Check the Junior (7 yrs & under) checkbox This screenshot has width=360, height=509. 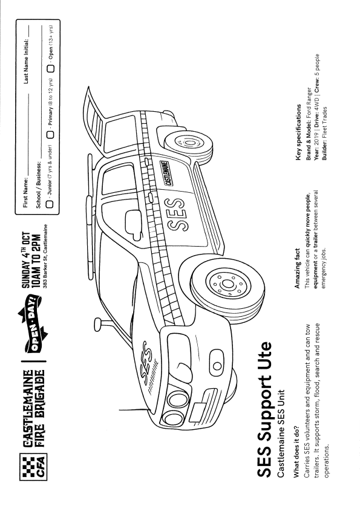coord(50,204)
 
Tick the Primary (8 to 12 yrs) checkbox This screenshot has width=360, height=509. coord(51,135)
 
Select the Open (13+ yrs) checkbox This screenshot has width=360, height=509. coord(51,68)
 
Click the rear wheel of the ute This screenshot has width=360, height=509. coord(188,142)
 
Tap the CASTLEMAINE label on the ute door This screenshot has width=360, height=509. coord(168,172)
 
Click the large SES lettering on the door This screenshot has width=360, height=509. coord(176,214)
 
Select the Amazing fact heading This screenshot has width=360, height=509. coord(297,268)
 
